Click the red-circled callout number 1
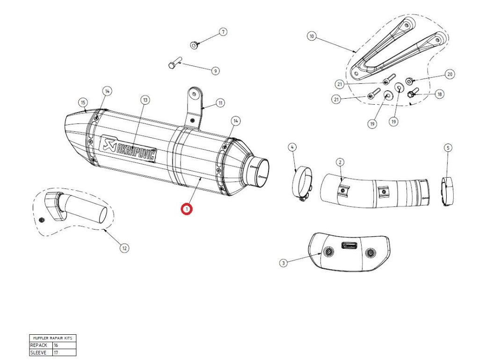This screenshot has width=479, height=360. pos(187,209)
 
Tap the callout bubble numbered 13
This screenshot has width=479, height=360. pos(145,100)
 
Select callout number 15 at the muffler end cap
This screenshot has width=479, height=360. pos(83,102)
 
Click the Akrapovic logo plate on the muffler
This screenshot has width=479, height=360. pos(129,149)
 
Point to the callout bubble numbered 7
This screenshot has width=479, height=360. pos(223,32)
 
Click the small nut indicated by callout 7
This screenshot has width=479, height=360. pos(194,45)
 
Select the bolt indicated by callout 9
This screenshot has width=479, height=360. pos(174,65)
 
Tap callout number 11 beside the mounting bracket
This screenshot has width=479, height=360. pos(220,103)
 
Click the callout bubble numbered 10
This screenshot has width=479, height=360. pos(312,36)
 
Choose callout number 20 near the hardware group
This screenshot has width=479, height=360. pos(450,74)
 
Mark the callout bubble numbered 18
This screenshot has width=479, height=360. pos(439,94)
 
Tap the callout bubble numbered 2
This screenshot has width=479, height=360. pos(340,162)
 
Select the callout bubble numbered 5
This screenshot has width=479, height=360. pos(448,148)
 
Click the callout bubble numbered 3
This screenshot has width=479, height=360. pos(283,263)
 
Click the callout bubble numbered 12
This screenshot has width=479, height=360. pos(124,248)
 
